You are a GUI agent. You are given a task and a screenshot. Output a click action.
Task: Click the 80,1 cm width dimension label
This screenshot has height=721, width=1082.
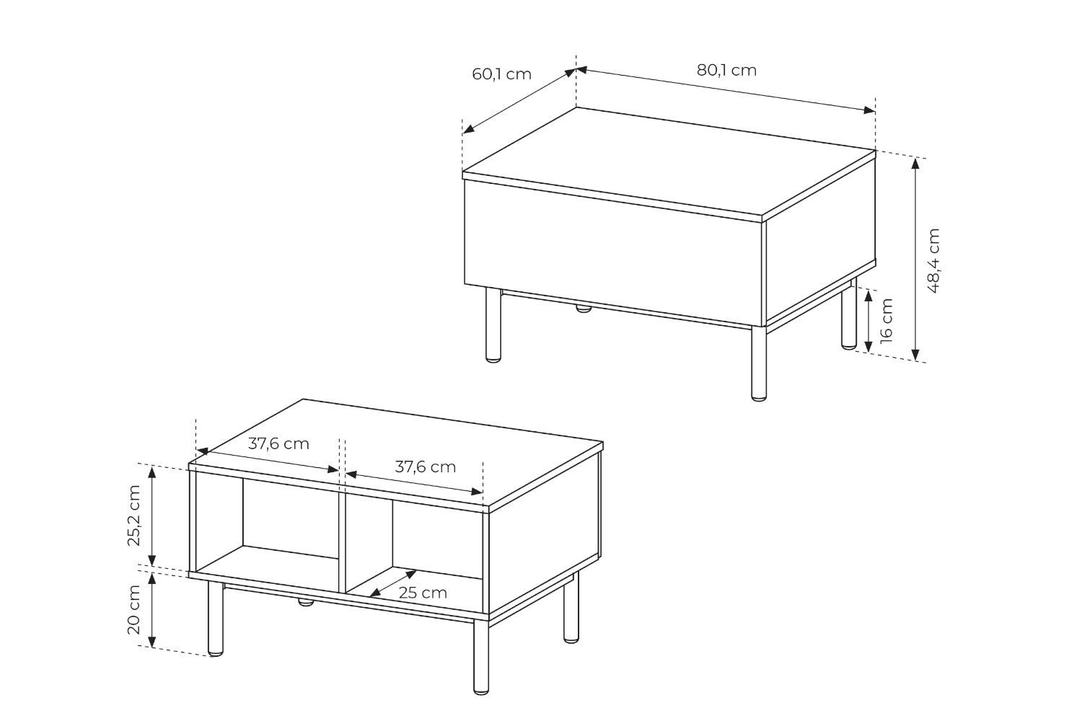[x=726, y=71]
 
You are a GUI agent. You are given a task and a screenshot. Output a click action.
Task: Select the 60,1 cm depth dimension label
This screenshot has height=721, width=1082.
[x=501, y=74]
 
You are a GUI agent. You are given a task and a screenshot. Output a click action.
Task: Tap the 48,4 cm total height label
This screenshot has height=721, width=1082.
[x=933, y=261]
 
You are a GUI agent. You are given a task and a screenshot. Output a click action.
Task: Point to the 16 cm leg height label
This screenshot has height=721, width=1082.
[x=887, y=321]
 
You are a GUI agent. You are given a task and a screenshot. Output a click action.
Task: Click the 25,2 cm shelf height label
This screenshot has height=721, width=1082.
[x=133, y=516]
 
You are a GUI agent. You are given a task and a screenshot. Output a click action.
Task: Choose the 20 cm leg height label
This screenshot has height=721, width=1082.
[x=133, y=609]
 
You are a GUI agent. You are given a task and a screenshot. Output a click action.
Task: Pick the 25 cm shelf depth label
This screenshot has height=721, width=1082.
[x=423, y=593]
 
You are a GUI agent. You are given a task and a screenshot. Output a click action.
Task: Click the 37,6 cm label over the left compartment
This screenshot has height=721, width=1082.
[x=278, y=443]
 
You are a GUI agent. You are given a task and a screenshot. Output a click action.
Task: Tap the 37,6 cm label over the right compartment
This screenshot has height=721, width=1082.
[x=425, y=467]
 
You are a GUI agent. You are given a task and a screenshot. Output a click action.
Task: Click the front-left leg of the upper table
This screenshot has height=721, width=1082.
[x=493, y=324]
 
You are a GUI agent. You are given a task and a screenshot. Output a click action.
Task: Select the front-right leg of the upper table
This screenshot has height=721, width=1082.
[x=759, y=363]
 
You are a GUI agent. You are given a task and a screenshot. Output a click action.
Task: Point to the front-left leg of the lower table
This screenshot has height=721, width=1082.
[x=216, y=619]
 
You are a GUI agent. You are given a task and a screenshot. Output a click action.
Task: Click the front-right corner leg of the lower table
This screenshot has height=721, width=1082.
[x=481, y=658]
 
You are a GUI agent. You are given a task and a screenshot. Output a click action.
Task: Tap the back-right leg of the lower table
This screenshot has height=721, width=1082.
[x=571, y=608]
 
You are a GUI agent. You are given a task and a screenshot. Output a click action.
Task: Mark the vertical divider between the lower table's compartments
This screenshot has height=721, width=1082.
[x=342, y=543]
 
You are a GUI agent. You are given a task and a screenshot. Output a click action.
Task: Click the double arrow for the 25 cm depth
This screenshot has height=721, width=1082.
[x=393, y=583]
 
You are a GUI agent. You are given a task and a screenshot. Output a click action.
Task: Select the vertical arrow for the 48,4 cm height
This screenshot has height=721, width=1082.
[x=915, y=259]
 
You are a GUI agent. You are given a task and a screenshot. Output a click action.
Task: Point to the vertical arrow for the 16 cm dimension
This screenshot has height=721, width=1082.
[x=868, y=321]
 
